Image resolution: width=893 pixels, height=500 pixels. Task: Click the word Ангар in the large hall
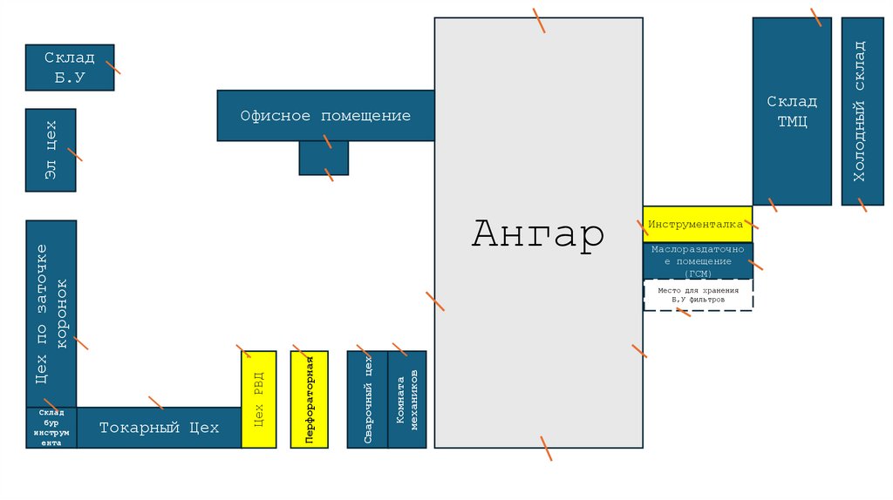coord(537,234)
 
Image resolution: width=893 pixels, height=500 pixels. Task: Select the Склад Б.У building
coord(69,68)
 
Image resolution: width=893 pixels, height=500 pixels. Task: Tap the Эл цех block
coord(51,150)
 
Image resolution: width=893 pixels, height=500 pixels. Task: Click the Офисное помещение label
coord(325,116)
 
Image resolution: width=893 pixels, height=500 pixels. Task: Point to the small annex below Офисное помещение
coord(324,159)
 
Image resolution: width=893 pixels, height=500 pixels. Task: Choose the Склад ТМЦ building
coord(792,111)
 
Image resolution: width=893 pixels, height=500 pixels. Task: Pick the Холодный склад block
coord(862,111)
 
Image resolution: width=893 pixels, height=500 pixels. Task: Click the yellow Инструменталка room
coord(697,224)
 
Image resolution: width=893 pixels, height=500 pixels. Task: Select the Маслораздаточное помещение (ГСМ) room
coord(697,261)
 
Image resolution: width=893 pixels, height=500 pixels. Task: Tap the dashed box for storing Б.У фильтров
coord(698,295)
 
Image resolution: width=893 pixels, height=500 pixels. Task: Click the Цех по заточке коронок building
coord(51,314)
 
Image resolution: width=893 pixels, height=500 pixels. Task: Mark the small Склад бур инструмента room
coord(51,428)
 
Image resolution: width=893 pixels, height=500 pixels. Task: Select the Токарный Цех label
coord(159,428)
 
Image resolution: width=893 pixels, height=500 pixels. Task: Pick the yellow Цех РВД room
coord(258,400)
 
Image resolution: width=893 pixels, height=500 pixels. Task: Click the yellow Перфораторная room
coord(309,400)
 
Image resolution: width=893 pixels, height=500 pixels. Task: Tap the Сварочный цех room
coord(367,400)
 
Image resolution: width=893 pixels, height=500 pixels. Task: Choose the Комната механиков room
coord(407,400)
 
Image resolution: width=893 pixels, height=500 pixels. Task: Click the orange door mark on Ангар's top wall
coord(540,19)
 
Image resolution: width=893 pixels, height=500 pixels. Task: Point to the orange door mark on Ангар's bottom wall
coord(545,448)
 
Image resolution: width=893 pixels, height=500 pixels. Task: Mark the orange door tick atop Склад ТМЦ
coord(816,17)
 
